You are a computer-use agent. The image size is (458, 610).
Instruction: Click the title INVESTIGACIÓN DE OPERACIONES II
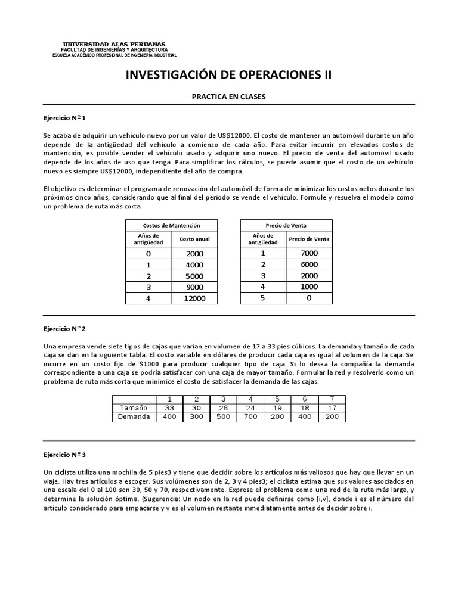[x=228, y=75]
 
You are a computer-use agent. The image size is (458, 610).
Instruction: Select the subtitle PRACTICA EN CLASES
[x=228, y=96]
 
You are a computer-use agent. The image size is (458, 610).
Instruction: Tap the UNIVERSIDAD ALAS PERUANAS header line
[x=114, y=45]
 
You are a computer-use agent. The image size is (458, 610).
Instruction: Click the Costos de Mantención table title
[x=171, y=225]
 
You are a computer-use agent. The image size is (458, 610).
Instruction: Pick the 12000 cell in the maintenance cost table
[x=194, y=298]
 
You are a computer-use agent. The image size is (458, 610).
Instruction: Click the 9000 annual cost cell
[x=194, y=287]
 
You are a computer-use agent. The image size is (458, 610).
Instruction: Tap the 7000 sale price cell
[x=309, y=253]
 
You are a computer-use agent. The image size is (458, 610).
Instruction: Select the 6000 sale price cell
[x=309, y=264]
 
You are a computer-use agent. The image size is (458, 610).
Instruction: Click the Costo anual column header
[x=194, y=239]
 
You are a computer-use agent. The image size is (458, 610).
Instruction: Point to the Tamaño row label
[x=134, y=408]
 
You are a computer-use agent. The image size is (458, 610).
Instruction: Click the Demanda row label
[x=134, y=417]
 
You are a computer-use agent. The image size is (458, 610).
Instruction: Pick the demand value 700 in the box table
[x=250, y=417]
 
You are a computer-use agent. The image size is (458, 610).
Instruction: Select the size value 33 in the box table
[x=169, y=408]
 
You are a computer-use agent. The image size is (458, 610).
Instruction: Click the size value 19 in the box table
[x=277, y=408]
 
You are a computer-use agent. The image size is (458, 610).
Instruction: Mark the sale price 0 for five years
[x=309, y=298]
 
